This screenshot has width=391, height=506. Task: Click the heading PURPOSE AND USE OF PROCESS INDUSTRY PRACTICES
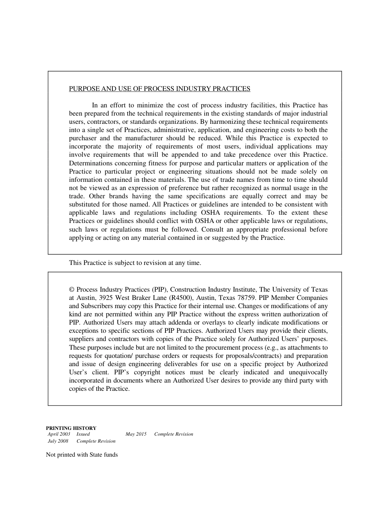click(159, 89)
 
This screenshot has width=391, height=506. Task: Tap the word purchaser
click(83, 138)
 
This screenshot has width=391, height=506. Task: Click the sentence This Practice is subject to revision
click(135, 263)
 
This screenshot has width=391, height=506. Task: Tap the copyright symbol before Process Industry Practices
click(72, 290)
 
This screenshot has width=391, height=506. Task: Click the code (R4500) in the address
click(182, 298)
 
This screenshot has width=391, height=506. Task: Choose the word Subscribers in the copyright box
click(96, 306)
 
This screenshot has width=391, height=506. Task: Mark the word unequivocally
click(305, 372)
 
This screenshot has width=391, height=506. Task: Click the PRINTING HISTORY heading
click(71, 428)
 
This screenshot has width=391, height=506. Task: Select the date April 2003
click(59, 434)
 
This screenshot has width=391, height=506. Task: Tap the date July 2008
click(58, 441)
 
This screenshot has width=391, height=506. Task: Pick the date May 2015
click(136, 434)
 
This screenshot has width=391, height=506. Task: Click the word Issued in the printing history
click(83, 434)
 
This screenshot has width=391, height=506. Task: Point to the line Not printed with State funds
click(82, 455)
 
